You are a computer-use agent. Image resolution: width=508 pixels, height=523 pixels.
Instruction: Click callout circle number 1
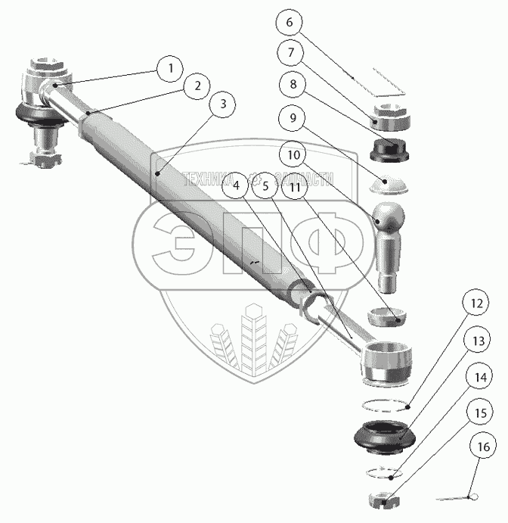(x=170, y=68)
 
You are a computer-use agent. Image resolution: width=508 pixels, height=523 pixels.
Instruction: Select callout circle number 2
(x=197, y=86)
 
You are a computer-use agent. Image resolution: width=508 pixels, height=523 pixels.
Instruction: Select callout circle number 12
(x=476, y=306)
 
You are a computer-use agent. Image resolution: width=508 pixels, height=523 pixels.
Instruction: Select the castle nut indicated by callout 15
(x=383, y=500)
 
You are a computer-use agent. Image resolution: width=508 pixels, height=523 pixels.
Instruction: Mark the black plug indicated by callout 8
(x=390, y=149)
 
